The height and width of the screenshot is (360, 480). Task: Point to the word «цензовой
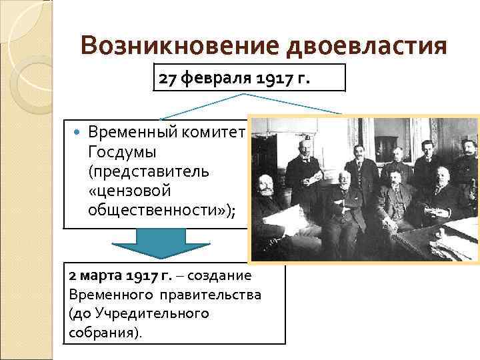tap(129, 191)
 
